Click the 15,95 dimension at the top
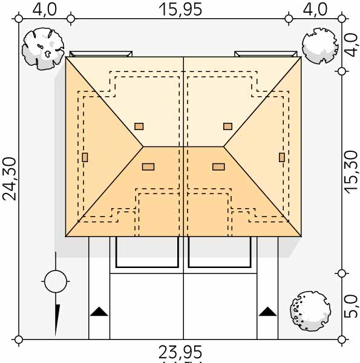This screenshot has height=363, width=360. pyautogui.click(x=180, y=10)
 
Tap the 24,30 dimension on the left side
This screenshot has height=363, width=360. pyautogui.click(x=9, y=179)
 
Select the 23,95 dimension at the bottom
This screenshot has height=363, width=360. pyautogui.click(x=180, y=352)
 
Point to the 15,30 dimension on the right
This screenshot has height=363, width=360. pyautogui.click(x=351, y=172)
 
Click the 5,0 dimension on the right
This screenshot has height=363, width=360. pyautogui.click(x=351, y=306)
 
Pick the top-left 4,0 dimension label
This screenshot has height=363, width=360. pyautogui.click(x=45, y=10)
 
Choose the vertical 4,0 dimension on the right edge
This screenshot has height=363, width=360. pyautogui.click(x=351, y=45)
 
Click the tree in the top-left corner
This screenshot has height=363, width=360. pyautogui.click(x=43, y=49)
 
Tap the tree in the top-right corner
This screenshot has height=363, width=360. pyautogui.click(x=320, y=46)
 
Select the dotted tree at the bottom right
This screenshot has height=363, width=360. pyautogui.click(x=310, y=311)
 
